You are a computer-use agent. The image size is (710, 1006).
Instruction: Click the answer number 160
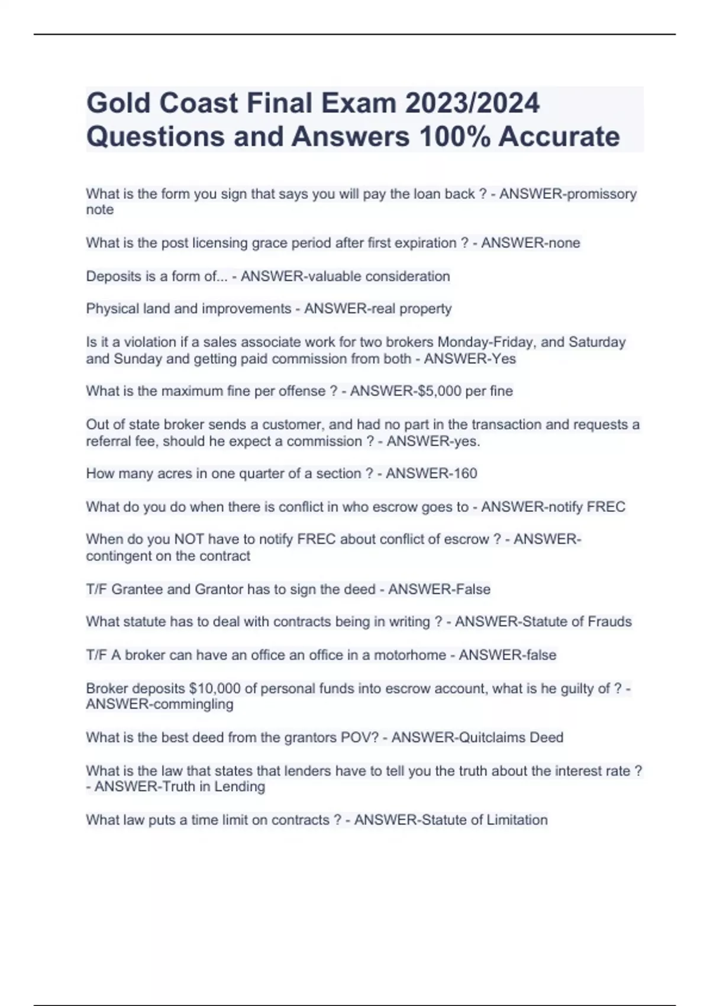pos(464,473)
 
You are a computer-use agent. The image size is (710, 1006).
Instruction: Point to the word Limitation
pos(517,820)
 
